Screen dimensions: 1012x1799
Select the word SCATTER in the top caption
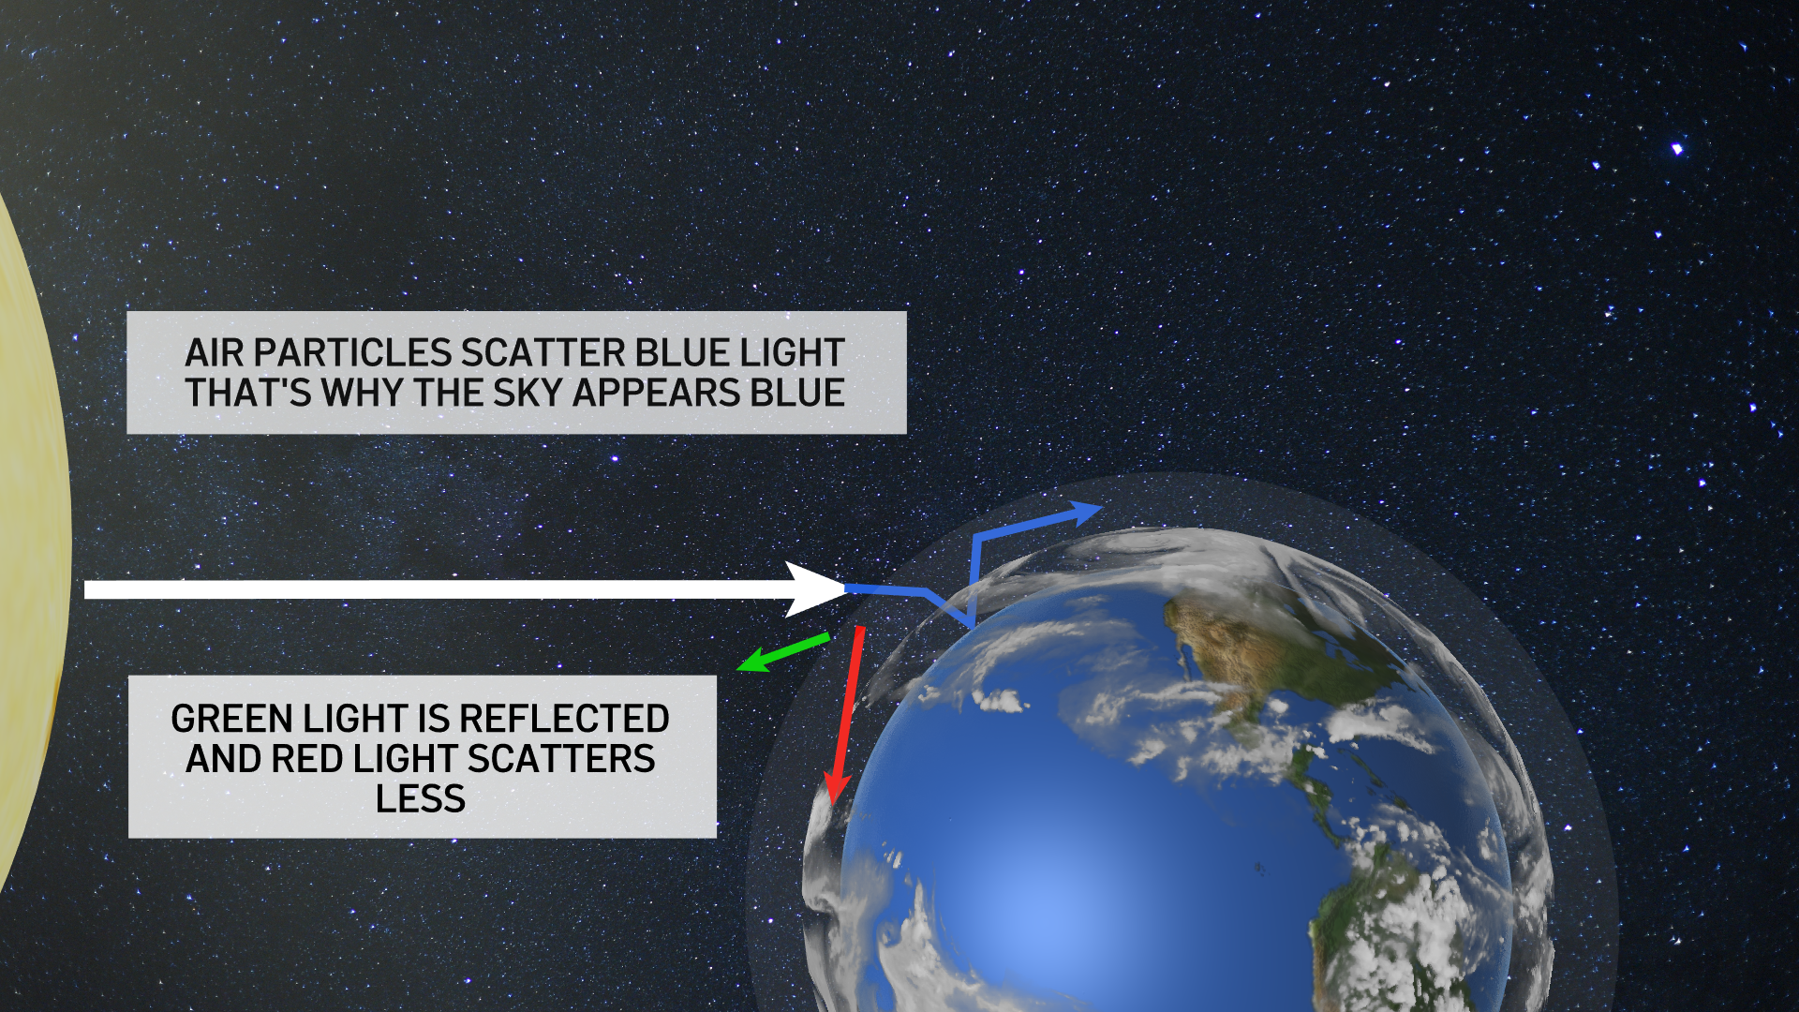[543, 353]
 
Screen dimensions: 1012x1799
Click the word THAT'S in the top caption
[247, 394]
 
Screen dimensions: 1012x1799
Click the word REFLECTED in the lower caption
[564, 719]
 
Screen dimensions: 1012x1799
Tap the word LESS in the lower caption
[420, 799]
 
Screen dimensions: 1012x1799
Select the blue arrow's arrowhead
[1087, 512]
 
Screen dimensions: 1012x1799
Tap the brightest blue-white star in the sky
[1677, 149]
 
